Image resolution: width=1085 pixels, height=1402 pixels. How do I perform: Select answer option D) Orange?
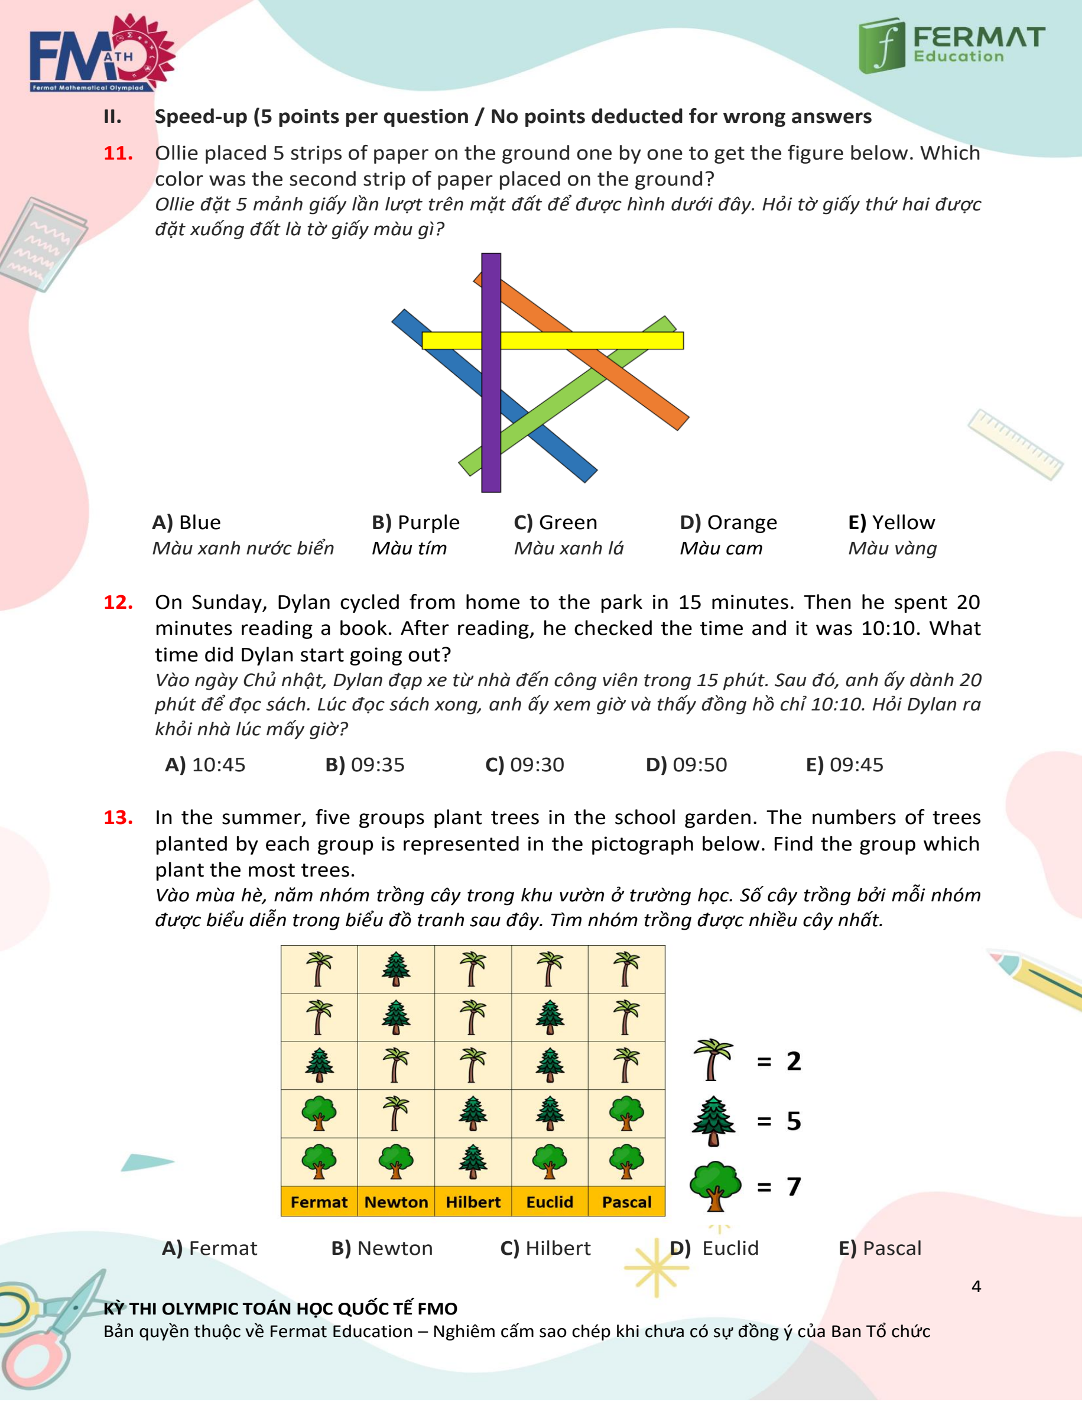[728, 522]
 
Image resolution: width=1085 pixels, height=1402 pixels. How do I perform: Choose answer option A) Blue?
[187, 522]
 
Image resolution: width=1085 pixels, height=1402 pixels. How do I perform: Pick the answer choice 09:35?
[365, 765]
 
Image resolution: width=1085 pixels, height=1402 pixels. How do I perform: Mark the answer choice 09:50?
[686, 765]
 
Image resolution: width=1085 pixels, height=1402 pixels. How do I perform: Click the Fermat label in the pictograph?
[319, 1202]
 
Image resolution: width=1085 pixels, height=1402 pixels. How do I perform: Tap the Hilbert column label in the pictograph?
[473, 1202]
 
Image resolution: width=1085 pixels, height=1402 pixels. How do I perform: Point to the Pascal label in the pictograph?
[626, 1202]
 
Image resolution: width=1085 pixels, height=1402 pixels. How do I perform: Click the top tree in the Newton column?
[396, 969]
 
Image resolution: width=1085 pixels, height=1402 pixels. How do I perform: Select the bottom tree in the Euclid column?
[550, 1161]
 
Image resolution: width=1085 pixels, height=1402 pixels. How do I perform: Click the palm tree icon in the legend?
[713, 1060]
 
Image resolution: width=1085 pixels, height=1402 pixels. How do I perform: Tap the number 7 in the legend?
[794, 1186]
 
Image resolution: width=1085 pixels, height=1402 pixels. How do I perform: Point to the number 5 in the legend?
[794, 1121]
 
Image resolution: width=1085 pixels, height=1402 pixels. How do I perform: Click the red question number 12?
[118, 602]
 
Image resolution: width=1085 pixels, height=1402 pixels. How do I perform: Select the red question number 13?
[118, 817]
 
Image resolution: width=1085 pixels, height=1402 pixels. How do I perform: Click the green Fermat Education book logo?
[882, 45]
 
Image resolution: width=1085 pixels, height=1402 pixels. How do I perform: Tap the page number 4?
[976, 1287]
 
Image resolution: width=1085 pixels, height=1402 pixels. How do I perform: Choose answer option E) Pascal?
[879, 1248]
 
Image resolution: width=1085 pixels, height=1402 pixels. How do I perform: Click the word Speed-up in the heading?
[201, 116]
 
